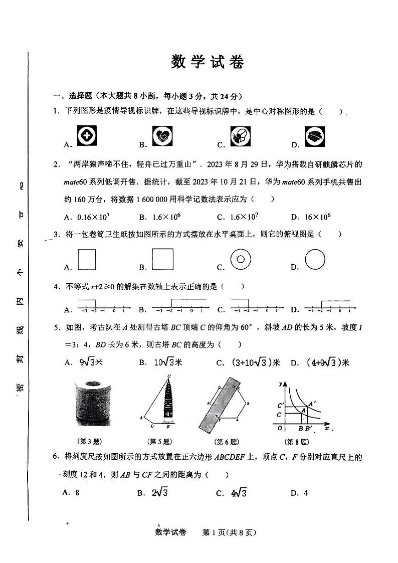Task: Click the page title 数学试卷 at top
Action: coord(208,62)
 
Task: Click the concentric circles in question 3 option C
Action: coord(240,259)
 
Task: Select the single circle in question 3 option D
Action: coord(315,259)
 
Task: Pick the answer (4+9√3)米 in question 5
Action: coord(327,362)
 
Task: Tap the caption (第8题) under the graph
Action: coord(297,442)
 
